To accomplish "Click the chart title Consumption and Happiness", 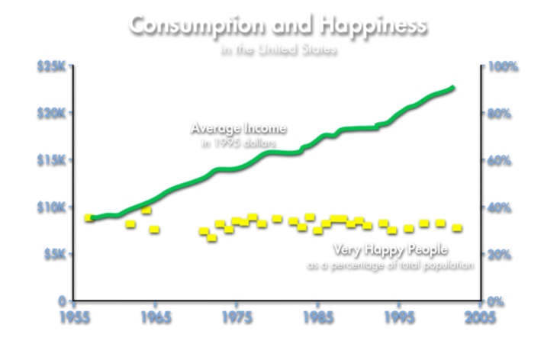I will coord(278,26).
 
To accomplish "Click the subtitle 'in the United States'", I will coord(278,51).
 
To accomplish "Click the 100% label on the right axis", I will coord(502,66).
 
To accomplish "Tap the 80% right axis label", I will coord(501,113).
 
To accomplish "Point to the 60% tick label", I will coord(501,160).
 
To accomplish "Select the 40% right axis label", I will coord(501,207).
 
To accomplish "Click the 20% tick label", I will coord(501,254).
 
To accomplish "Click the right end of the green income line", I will coord(453,88).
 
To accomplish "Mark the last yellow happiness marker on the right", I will coord(457,228).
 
